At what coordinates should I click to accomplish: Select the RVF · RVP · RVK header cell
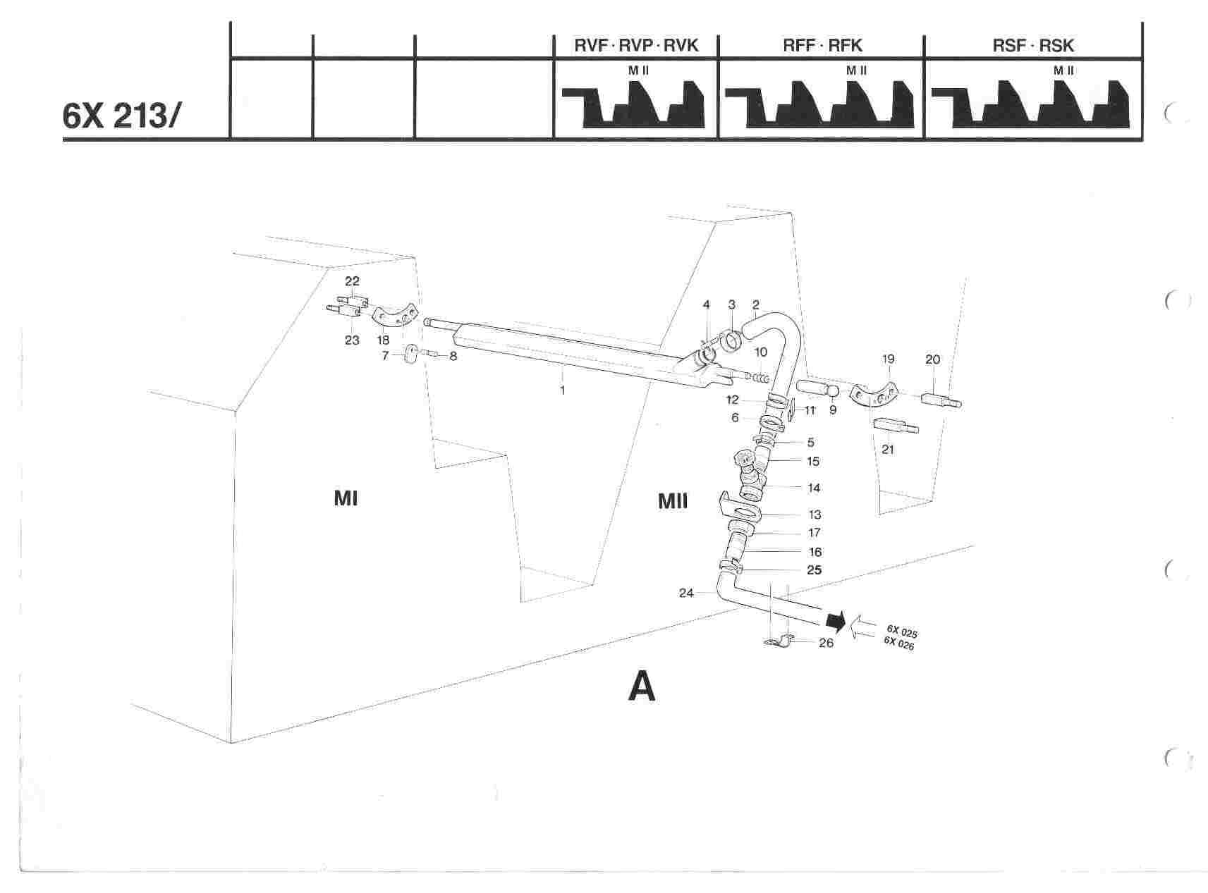pyautogui.click(x=636, y=46)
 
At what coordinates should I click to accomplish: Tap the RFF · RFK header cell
pyautogui.click(x=822, y=46)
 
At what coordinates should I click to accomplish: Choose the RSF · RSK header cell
pyautogui.click(x=1032, y=46)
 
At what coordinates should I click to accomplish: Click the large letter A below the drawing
pyautogui.click(x=642, y=686)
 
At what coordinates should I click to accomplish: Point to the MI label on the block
pyautogui.click(x=346, y=499)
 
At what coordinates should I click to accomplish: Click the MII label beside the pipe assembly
pyautogui.click(x=673, y=501)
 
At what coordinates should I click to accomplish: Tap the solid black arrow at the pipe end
pyautogui.click(x=835, y=621)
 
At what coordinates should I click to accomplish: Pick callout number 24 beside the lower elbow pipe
pyautogui.click(x=686, y=593)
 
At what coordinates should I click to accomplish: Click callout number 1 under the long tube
pyautogui.click(x=562, y=390)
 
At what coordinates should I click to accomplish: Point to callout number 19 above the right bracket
pyautogui.click(x=888, y=359)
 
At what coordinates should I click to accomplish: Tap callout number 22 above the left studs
pyautogui.click(x=352, y=281)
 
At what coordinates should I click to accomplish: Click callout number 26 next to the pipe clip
pyautogui.click(x=826, y=643)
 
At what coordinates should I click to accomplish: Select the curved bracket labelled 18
pyautogui.click(x=394, y=318)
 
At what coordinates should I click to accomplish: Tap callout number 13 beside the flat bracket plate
pyautogui.click(x=815, y=515)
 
